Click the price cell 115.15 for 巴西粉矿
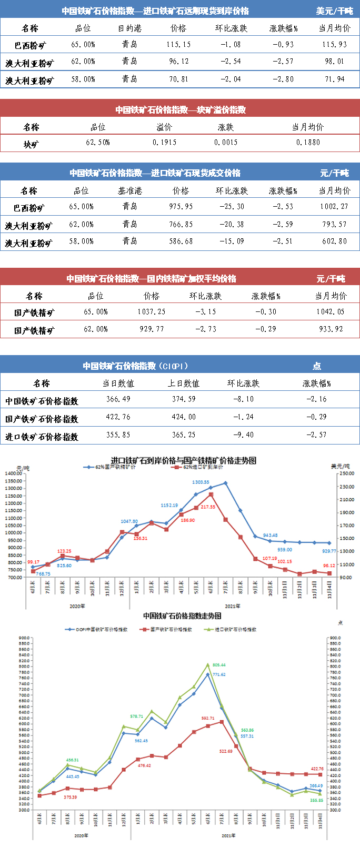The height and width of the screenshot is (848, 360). (x=178, y=45)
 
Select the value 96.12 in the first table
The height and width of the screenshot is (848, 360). (x=178, y=62)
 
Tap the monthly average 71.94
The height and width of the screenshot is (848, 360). (x=334, y=79)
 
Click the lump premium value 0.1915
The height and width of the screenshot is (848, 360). (x=164, y=143)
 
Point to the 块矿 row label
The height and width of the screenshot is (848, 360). (x=31, y=144)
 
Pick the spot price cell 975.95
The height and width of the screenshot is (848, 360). (x=181, y=207)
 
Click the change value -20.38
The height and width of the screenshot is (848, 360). (x=232, y=225)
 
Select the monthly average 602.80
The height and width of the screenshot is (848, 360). (x=334, y=241)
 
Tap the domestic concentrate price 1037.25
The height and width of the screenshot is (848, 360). (x=151, y=312)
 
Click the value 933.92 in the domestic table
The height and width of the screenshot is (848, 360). (x=330, y=329)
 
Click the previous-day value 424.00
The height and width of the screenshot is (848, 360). (x=184, y=417)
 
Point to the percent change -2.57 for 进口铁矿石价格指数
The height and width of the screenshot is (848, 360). (x=316, y=435)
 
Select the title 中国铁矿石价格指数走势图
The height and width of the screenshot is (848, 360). (x=182, y=615)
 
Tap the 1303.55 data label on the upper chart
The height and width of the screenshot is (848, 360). (x=201, y=482)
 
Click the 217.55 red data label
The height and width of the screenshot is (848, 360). (x=208, y=507)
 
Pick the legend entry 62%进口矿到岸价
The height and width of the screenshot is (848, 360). (x=203, y=467)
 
